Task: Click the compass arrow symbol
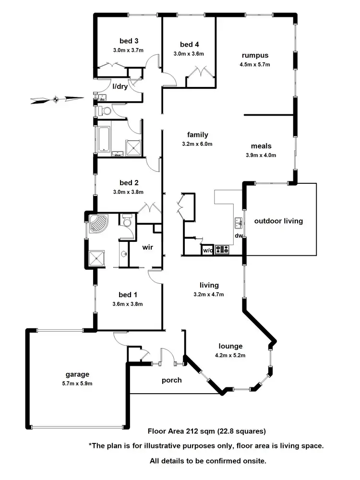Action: coord(56,100)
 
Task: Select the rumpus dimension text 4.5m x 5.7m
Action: coord(255,64)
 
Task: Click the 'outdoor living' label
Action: coord(278,221)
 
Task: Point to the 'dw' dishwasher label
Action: coord(238,236)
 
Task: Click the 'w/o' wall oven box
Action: coord(207,250)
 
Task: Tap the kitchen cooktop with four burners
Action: coord(223,249)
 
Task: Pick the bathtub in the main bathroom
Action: coord(104,138)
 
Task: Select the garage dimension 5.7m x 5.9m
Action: coord(78,383)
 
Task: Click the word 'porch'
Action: coord(171,380)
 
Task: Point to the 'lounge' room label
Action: coord(231,346)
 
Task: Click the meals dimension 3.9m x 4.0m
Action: coord(261,155)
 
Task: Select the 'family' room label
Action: coord(197,135)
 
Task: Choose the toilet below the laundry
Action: coord(106,111)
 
